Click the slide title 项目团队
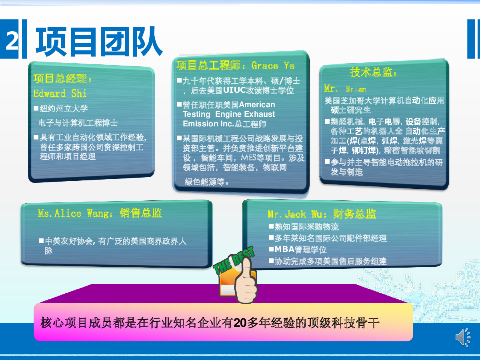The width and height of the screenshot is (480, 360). coord(99,42)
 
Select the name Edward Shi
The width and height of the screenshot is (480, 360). coord(60,94)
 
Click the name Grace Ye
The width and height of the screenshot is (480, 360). coord(273,66)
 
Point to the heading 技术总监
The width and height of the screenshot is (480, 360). coord(373,72)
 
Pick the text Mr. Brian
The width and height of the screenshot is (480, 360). coord(345,89)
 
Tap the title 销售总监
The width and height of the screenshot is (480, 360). coord(141,213)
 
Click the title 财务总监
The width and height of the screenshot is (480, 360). coord(354,214)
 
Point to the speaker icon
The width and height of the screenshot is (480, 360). coord(463,337)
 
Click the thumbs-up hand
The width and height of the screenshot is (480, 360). coord(246,282)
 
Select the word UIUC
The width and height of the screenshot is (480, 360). coord(234,90)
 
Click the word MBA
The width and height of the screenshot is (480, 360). coord(284,249)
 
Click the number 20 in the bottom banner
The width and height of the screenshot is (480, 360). coord(240,323)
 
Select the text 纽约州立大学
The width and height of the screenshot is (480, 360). coord(64,108)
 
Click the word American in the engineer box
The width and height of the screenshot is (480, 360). coord(257,104)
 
